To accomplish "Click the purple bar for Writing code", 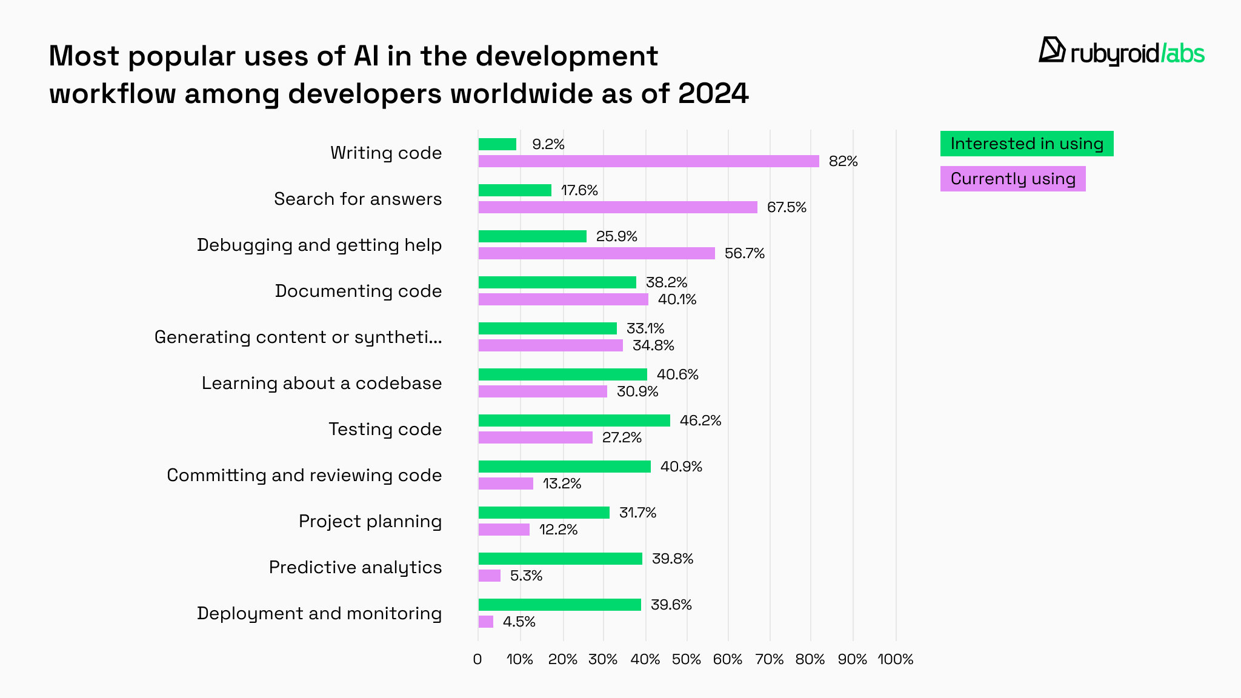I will pyautogui.click(x=648, y=161).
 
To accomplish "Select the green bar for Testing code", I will pyautogui.click(x=574, y=420).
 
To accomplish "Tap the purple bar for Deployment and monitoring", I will pyautogui.click(x=486, y=622).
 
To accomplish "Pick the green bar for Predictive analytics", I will pyautogui.click(x=560, y=559).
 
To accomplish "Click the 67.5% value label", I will pyautogui.click(x=787, y=207).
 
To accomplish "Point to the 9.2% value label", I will pyautogui.click(x=548, y=144).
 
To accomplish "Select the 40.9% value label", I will pyautogui.click(x=681, y=467).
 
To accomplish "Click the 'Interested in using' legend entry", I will pyautogui.click(x=1026, y=144).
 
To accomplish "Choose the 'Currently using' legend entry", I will pyautogui.click(x=1013, y=179).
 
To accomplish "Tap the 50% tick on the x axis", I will pyautogui.click(x=687, y=659).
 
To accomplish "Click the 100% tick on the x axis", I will pyautogui.click(x=895, y=659).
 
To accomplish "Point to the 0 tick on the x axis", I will pyautogui.click(x=477, y=659).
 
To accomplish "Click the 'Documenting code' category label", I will pyautogui.click(x=358, y=291).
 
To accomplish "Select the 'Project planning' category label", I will pyautogui.click(x=370, y=521).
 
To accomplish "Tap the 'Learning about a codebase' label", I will pyautogui.click(x=321, y=383).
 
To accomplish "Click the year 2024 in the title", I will pyautogui.click(x=713, y=94).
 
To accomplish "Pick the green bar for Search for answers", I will pyautogui.click(x=515, y=190).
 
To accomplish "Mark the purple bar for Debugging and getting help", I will pyautogui.click(x=596, y=253).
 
